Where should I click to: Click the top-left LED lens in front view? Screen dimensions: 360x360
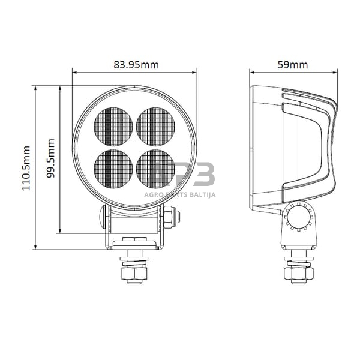[113, 127]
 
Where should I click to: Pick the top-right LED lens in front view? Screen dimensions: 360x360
[155, 127]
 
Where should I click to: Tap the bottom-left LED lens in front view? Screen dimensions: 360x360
[113, 169]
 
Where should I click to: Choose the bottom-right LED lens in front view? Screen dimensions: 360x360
[155, 169]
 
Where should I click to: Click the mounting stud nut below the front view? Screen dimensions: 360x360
[134, 274]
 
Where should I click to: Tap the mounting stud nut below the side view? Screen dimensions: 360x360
[298, 274]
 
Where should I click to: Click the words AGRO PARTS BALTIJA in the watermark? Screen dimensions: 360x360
[180, 194]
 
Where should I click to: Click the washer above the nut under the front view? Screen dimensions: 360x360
[134, 260]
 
